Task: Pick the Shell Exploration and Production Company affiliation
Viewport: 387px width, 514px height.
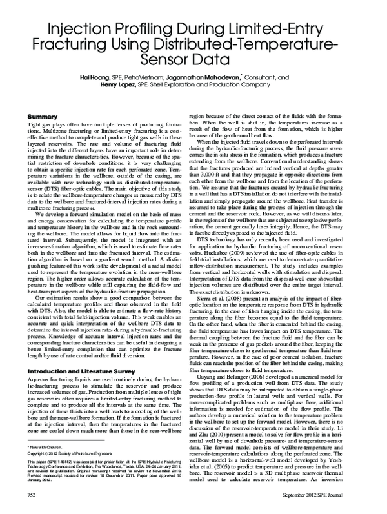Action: click(224, 85)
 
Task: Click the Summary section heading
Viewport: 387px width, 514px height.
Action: click(39, 116)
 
